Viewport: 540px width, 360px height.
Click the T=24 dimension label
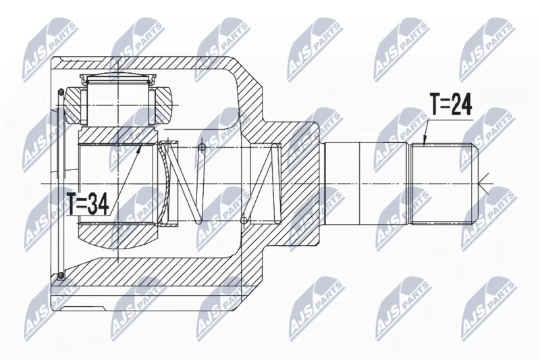coord(450,103)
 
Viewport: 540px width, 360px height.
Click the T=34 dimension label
coord(88,203)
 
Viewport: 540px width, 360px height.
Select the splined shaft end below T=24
coord(444,184)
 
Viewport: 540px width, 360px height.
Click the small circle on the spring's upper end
coord(202,148)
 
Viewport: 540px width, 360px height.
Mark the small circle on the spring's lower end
coord(244,220)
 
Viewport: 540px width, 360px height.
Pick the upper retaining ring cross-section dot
coord(61,92)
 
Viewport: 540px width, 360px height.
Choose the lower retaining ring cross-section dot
coord(61,275)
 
